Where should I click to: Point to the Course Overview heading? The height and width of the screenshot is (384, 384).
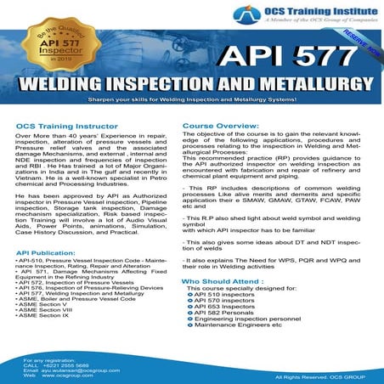pyautogui.click(x=220, y=125)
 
